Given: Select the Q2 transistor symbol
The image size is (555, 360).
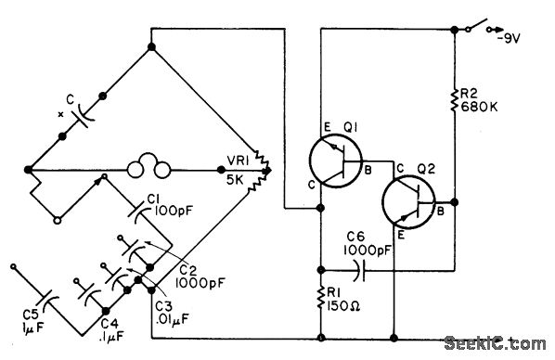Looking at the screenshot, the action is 408,201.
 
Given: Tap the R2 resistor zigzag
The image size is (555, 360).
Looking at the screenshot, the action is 455,100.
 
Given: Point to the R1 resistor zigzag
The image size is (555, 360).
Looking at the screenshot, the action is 321,298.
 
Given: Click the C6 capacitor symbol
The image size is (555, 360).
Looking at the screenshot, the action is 359,271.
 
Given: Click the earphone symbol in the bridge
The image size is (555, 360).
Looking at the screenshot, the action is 148,170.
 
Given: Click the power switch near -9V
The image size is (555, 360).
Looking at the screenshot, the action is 479,25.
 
